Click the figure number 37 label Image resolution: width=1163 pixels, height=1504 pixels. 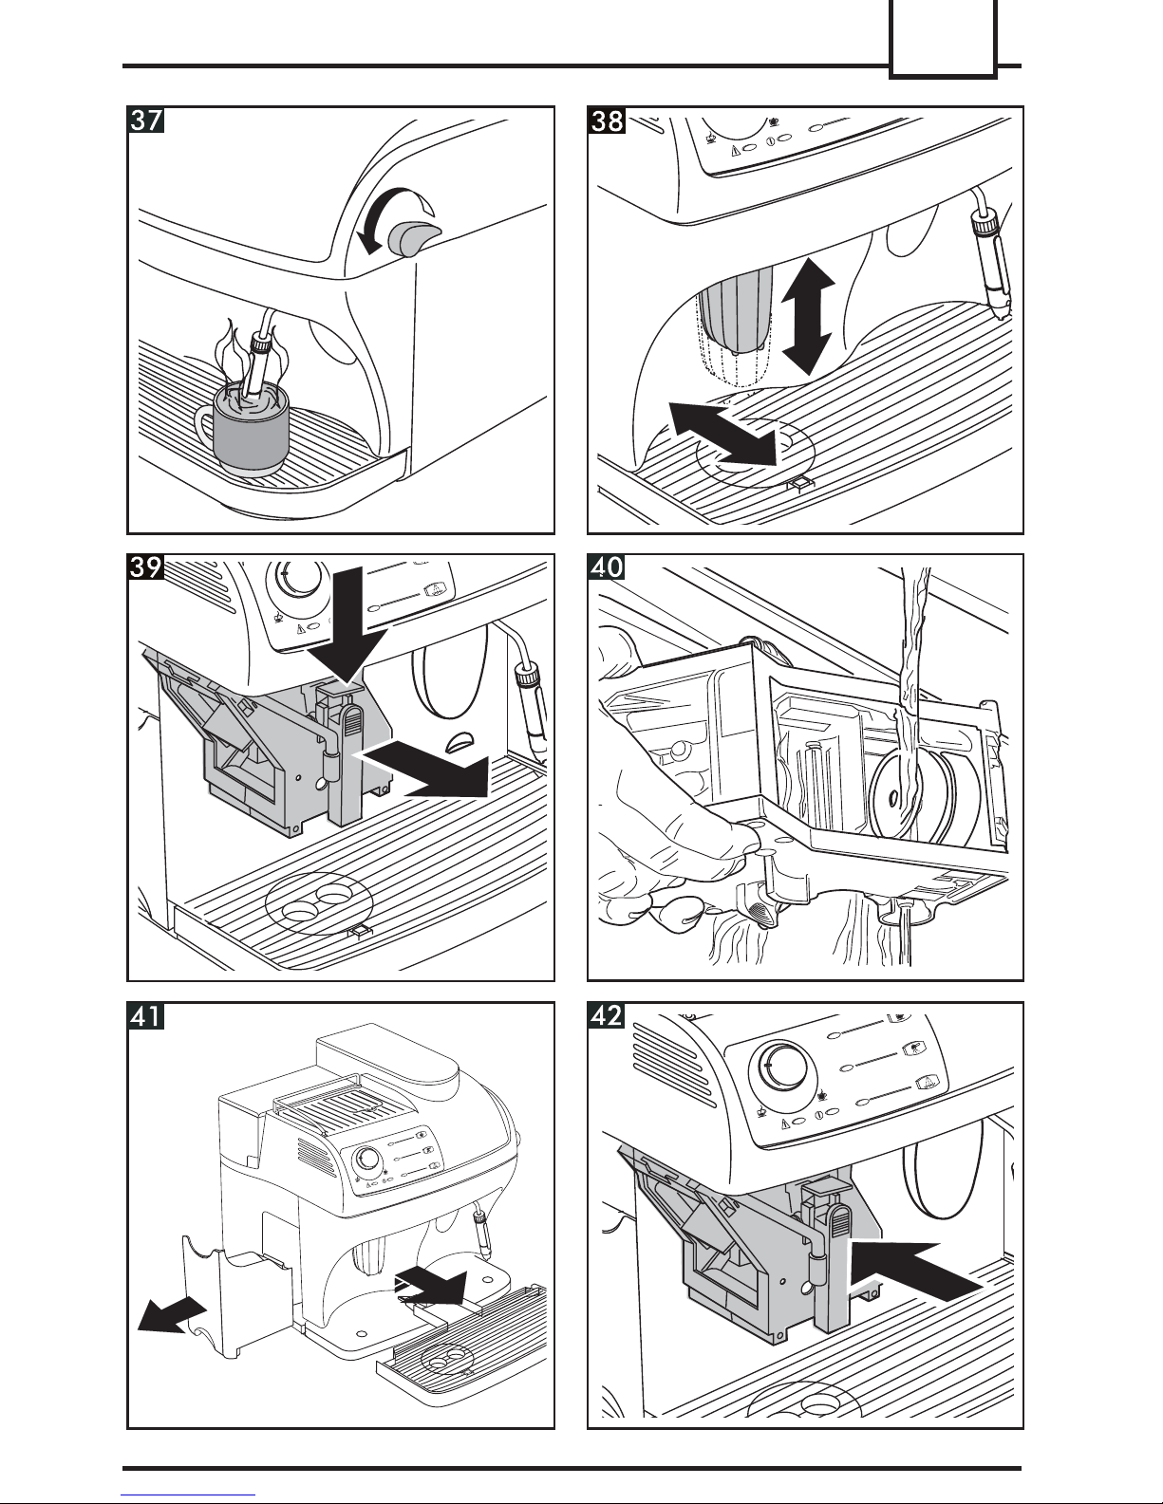tap(146, 122)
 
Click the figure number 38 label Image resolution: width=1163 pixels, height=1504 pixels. tap(606, 122)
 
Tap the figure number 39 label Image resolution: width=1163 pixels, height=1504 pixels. tap(146, 569)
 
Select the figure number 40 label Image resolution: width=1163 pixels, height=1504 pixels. tap(606, 569)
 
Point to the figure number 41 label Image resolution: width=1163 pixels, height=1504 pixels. tap(146, 1017)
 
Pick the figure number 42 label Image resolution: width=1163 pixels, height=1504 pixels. tap(606, 1017)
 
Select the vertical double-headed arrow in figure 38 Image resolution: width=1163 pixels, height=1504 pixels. tap(808, 315)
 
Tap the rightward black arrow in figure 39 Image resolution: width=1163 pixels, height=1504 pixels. tap(427, 767)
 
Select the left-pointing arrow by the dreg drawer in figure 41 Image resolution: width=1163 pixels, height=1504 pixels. tap(171, 1314)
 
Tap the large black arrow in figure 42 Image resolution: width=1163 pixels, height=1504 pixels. tap(911, 1272)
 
